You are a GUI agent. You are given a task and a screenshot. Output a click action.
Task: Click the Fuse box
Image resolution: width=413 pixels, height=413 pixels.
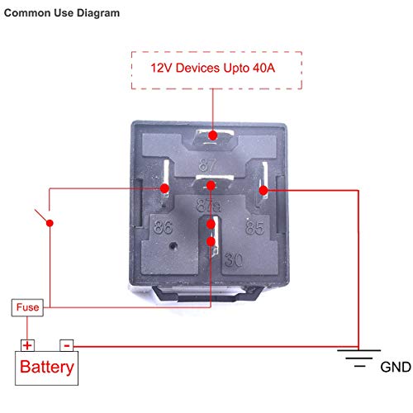pyautogui.click(x=27, y=307)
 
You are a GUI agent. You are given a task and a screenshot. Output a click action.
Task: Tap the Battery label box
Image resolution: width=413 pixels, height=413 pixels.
pyautogui.click(x=46, y=368)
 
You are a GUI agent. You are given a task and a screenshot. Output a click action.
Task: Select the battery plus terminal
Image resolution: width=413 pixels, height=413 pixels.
pyautogui.click(x=27, y=345)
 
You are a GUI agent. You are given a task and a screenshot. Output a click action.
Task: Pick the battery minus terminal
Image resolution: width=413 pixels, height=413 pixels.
pyautogui.click(x=67, y=345)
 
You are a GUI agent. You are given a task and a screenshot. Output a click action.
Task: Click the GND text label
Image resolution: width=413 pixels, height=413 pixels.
pyautogui.click(x=396, y=367)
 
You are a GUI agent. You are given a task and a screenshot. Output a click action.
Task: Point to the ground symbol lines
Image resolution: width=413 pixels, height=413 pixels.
pyautogui.click(x=359, y=358)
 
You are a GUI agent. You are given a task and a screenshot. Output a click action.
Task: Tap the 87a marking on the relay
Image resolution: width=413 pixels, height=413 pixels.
pyautogui.click(x=208, y=206)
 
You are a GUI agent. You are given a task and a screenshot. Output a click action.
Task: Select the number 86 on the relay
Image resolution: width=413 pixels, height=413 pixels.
pyautogui.click(x=164, y=227)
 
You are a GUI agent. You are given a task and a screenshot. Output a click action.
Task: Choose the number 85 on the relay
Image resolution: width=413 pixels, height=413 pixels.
pyautogui.click(x=254, y=227)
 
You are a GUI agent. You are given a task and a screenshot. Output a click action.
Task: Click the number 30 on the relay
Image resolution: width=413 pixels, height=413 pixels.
pyautogui.click(x=234, y=260)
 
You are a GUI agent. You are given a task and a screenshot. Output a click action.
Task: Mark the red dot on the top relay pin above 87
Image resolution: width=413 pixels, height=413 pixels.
pyautogui.click(x=213, y=135)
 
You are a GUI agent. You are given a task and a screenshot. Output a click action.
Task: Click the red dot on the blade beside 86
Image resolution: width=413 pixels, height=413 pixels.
pyautogui.click(x=164, y=188)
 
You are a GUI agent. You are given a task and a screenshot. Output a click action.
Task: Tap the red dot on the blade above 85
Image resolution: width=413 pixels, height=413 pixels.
pyautogui.click(x=263, y=190)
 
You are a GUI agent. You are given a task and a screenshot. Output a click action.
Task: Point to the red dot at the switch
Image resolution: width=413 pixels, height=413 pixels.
pyautogui.click(x=50, y=223)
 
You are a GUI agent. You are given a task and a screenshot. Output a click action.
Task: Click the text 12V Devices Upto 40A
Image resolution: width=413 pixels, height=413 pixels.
pyautogui.click(x=213, y=68)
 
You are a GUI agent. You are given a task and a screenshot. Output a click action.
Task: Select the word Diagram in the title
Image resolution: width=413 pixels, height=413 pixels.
pyautogui.click(x=98, y=13)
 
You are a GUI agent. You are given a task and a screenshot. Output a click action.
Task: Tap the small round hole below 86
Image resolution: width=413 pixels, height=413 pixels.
pyautogui.click(x=173, y=245)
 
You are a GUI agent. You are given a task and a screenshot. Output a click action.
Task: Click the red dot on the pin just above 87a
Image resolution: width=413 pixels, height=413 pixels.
pyautogui.click(x=211, y=186)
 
